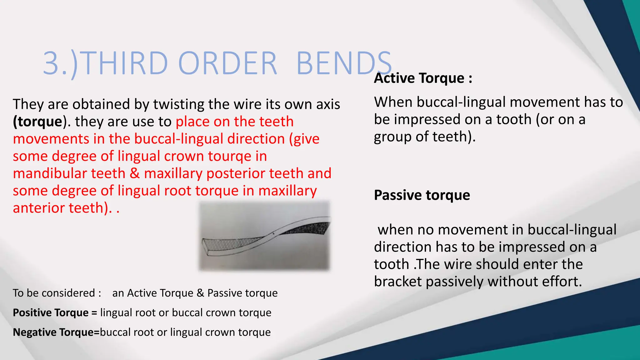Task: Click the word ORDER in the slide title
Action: pyautogui.click(x=227, y=63)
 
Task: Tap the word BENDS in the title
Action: pyautogui.click(x=344, y=63)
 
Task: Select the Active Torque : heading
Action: pyautogui.click(x=423, y=78)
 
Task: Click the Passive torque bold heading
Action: pyautogui.click(x=422, y=195)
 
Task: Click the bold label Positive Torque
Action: pyautogui.click(x=51, y=313)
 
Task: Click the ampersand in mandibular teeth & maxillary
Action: pyautogui.click(x=135, y=173)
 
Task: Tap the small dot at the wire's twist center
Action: pyautogui.click(x=273, y=233)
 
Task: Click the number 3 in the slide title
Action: pyautogui.click(x=51, y=63)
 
